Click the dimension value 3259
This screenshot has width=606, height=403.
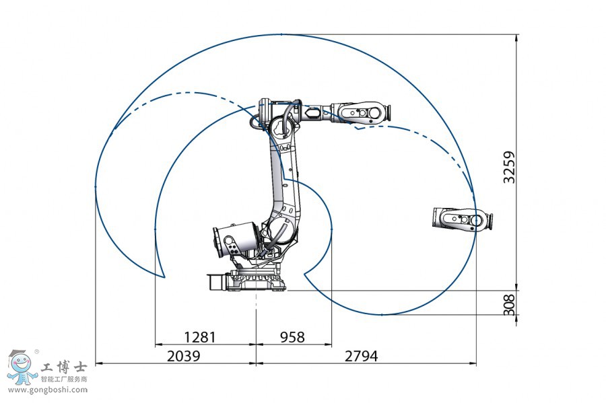click(510, 167)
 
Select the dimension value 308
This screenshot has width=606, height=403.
click(510, 304)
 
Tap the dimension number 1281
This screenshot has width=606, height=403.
click(199, 336)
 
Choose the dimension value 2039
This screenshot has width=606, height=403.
click(183, 356)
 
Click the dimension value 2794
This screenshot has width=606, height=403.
click(361, 356)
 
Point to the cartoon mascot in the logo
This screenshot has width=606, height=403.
click(22, 369)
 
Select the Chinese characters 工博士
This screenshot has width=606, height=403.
click(65, 368)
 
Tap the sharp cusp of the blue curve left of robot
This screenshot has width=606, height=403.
click(164, 276)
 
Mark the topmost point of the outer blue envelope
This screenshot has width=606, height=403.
click(281, 34)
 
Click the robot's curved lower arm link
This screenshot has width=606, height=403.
click(283, 195)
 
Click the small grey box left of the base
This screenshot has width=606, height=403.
click(215, 281)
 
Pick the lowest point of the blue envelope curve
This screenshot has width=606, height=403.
click(384, 315)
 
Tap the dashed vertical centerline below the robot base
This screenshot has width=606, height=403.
click(256, 306)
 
